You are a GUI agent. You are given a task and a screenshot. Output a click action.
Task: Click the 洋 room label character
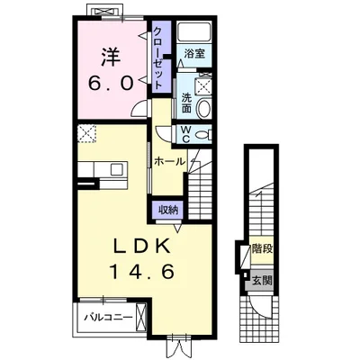pyautogui.click(x=111, y=57)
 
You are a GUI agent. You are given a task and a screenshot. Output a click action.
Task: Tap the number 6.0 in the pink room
pyautogui.click(x=111, y=83)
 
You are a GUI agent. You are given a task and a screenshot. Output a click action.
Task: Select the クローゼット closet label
pyautogui.click(x=157, y=57)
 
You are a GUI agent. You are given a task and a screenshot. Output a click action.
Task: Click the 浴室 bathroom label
pyautogui.click(x=194, y=54)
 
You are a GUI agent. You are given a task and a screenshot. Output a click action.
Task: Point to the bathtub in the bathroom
pyautogui.click(x=193, y=31)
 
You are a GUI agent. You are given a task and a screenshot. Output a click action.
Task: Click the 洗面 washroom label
pyautogui.click(x=186, y=103)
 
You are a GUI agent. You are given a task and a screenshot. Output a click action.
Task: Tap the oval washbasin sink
pyautogui.click(x=203, y=108)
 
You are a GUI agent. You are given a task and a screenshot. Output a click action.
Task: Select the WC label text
pyautogui.click(x=185, y=133)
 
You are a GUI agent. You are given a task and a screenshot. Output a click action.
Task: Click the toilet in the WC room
pyautogui.click(x=204, y=134)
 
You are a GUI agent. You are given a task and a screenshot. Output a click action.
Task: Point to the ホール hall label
pyautogui.click(x=169, y=162)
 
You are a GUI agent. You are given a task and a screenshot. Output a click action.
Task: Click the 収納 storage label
pyautogui.click(x=168, y=210)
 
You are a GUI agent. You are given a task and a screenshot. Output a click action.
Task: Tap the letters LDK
pyautogui.click(x=141, y=247)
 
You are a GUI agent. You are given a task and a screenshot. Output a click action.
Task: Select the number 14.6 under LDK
pyautogui.click(x=142, y=272)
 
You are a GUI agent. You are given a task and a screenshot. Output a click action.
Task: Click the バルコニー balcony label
pyautogui.click(x=108, y=317)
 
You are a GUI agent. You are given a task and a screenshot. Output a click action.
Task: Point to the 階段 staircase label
pyautogui.click(x=262, y=248)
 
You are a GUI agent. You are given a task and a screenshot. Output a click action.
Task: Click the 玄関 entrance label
pyautogui.click(x=262, y=281)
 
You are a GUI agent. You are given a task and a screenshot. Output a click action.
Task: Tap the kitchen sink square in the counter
pyautogui.click(x=117, y=169)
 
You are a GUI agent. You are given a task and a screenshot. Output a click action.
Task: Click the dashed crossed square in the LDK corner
pyautogui.click(x=86, y=133)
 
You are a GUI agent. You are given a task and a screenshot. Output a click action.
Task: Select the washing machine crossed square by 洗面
pyautogui.click(x=204, y=87)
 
